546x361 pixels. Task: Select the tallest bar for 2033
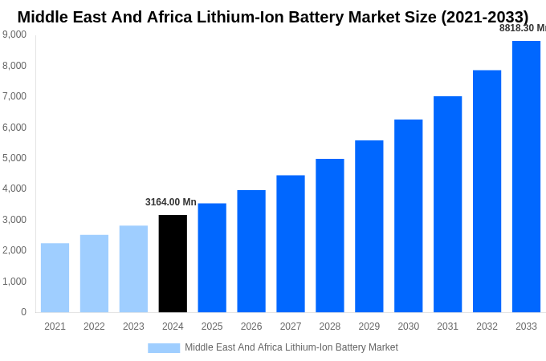[526, 176]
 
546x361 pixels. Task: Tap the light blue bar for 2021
[55, 278]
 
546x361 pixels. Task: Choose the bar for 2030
[408, 216]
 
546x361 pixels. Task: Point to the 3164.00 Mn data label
[171, 202]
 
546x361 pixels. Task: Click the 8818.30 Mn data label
[522, 28]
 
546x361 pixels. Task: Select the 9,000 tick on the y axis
[14, 34]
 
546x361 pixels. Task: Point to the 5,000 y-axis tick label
[14, 158]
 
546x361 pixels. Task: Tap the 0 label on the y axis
[23, 312]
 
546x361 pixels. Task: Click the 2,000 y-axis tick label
[14, 250]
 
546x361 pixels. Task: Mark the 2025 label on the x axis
[212, 327]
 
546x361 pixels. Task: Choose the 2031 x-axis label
[447, 327]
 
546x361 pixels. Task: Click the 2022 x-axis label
[94, 327]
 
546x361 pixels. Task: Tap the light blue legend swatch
[164, 347]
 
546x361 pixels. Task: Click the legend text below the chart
[291, 347]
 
